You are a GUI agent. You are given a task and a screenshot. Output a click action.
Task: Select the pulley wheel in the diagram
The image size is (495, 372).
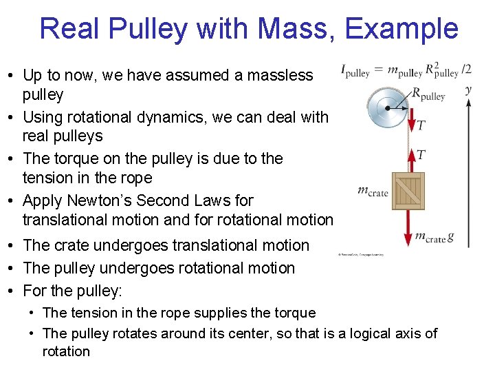coord(388,109)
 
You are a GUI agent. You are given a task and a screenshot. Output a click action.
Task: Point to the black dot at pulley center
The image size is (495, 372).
coord(388,109)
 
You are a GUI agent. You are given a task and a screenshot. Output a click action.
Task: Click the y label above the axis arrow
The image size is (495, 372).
coord(468,90)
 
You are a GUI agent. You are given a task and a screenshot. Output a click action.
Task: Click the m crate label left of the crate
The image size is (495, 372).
coord(373,190)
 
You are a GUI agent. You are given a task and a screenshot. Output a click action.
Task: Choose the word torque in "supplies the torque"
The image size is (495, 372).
coord(295,313)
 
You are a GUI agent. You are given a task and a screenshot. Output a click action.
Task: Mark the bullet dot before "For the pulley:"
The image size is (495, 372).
coord(14,291)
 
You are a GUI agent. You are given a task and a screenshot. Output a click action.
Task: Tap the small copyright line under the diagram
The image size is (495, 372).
coord(360,254)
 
